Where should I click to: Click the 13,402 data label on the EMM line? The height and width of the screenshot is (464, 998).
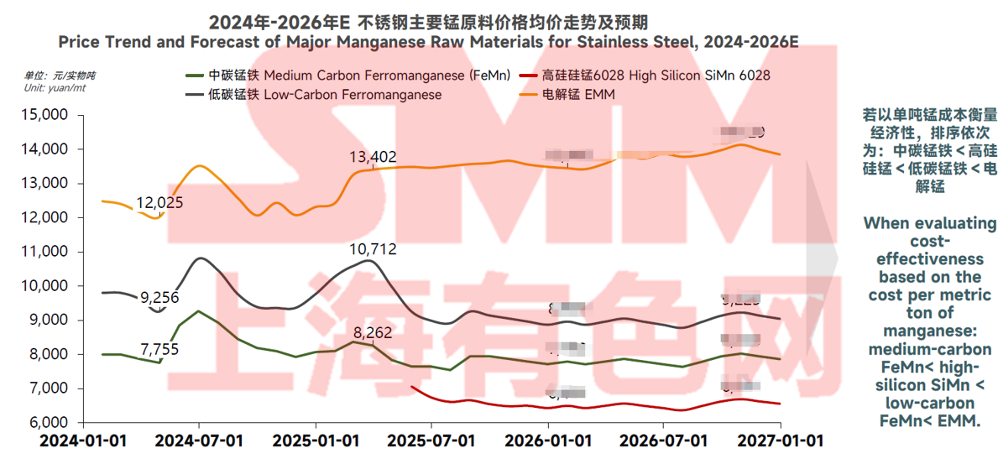(x=373, y=157)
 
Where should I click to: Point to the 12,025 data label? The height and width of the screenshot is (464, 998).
(x=159, y=203)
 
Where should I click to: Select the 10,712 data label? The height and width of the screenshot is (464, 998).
(x=373, y=249)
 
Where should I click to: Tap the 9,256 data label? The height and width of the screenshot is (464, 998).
(x=159, y=297)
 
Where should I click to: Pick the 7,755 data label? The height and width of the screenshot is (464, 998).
(x=159, y=350)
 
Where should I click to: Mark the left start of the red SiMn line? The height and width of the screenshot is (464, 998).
(x=413, y=387)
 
